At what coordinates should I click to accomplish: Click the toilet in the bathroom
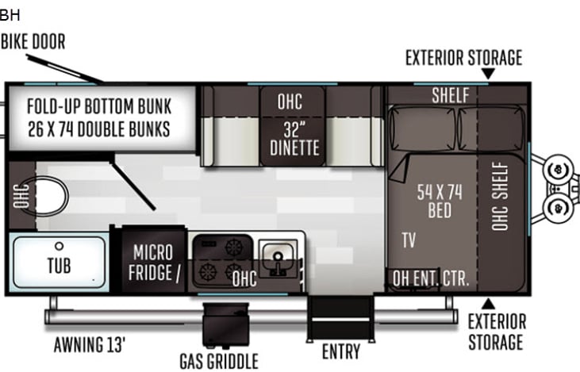click(51, 196)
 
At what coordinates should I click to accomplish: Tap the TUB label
click(60, 266)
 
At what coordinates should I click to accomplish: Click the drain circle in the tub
click(60, 246)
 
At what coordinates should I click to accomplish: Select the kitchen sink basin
click(278, 257)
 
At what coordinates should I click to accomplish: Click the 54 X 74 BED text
click(440, 201)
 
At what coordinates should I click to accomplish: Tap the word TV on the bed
click(409, 240)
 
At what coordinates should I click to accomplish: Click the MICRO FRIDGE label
click(153, 263)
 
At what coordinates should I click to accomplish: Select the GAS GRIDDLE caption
click(219, 361)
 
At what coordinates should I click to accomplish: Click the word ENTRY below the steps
click(341, 351)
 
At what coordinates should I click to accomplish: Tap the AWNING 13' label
click(90, 345)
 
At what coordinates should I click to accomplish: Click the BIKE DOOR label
click(33, 41)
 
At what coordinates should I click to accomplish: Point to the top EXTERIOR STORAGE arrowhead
click(488, 73)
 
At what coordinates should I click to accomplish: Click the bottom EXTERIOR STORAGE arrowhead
click(488, 304)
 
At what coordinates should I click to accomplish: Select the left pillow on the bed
click(422, 128)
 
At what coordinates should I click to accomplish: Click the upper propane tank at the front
click(558, 170)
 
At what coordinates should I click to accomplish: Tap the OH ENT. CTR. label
click(431, 278)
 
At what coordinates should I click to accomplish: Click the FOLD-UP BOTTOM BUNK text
click(99, 106)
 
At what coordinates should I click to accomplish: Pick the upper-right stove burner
click(234, 246)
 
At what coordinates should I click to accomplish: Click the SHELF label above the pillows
click(451, 95)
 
